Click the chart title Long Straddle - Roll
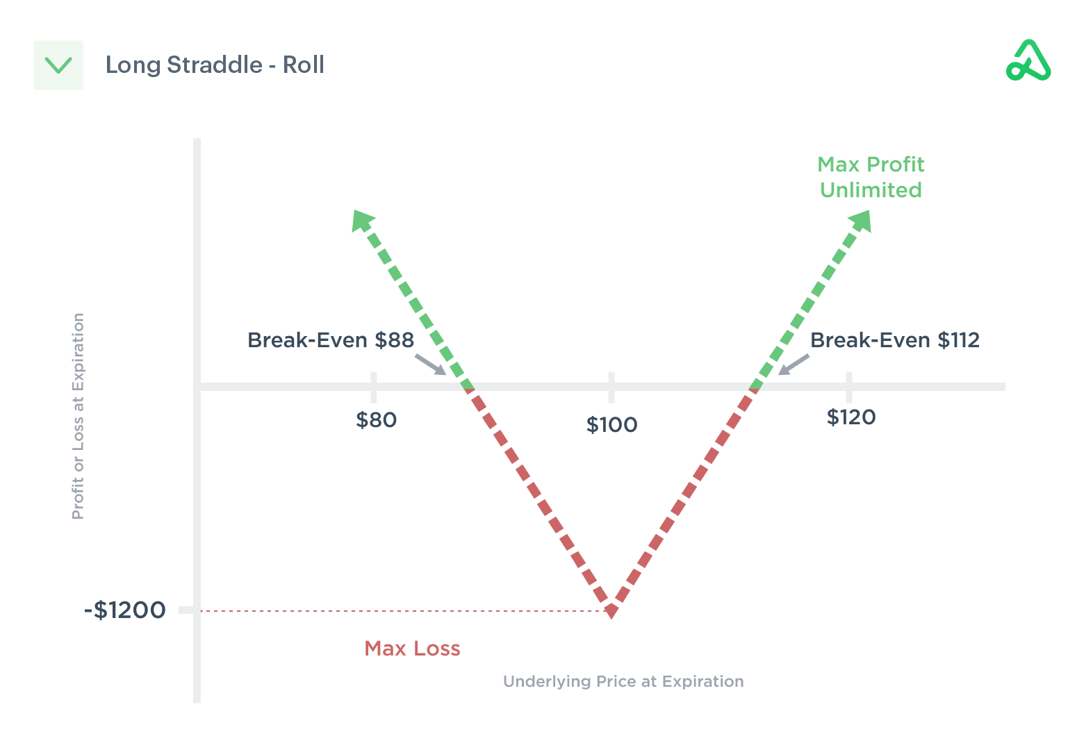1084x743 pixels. [215, 65]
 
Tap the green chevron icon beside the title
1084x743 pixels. [58, 65]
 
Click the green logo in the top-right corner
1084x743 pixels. [1028, 61]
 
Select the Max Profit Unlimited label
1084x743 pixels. [871, 177]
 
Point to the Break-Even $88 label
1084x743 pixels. [331, 340]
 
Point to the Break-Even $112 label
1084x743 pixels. [895, 340]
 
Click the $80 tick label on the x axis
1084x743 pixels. [376, 420]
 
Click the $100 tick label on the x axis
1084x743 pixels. [611, 425]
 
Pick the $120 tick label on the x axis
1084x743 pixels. [851, 417]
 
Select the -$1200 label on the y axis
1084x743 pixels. [125, 610]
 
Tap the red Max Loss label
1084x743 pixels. [412, 649]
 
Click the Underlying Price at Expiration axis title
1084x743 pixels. [623, 681]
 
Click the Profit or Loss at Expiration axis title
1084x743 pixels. [78, 416]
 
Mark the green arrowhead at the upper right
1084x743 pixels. [860, 220]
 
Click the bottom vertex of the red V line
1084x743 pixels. [611, 610]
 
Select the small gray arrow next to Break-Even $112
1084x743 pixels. [794, 365]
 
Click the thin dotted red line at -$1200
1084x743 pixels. [403, 611]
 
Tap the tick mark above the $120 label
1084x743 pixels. [849, 387]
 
